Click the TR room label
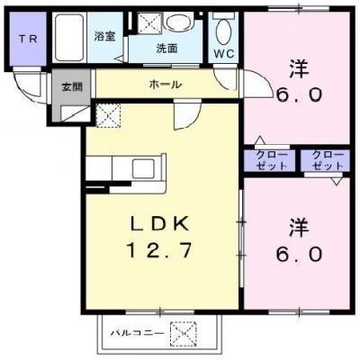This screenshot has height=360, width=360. [x=28, y=39]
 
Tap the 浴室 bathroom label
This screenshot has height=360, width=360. [x=104, y=37]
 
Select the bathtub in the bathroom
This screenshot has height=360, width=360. [x=69, y=38]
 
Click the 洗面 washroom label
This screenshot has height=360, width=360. [x=166, y=49]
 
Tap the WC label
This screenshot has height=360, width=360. [x=224, y=54]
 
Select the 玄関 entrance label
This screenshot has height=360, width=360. [x=72, y=86]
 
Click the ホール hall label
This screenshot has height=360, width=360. [x=166, y=85]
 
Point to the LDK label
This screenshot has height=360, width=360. [x=159, y=224]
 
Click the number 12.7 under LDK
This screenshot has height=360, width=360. [x=159, y=251]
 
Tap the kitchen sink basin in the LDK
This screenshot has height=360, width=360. [x=143, y=168]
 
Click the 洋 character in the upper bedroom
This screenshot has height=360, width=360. [x=299, y=69]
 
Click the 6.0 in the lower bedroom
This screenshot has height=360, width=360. [x=299, y=255]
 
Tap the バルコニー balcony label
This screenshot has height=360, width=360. [x=138, y=333]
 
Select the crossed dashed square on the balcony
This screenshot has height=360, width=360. [x=184, y=334]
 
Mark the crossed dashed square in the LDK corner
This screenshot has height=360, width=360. [x=109, y=116]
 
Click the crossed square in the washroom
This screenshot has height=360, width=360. [x=149, y=22]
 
